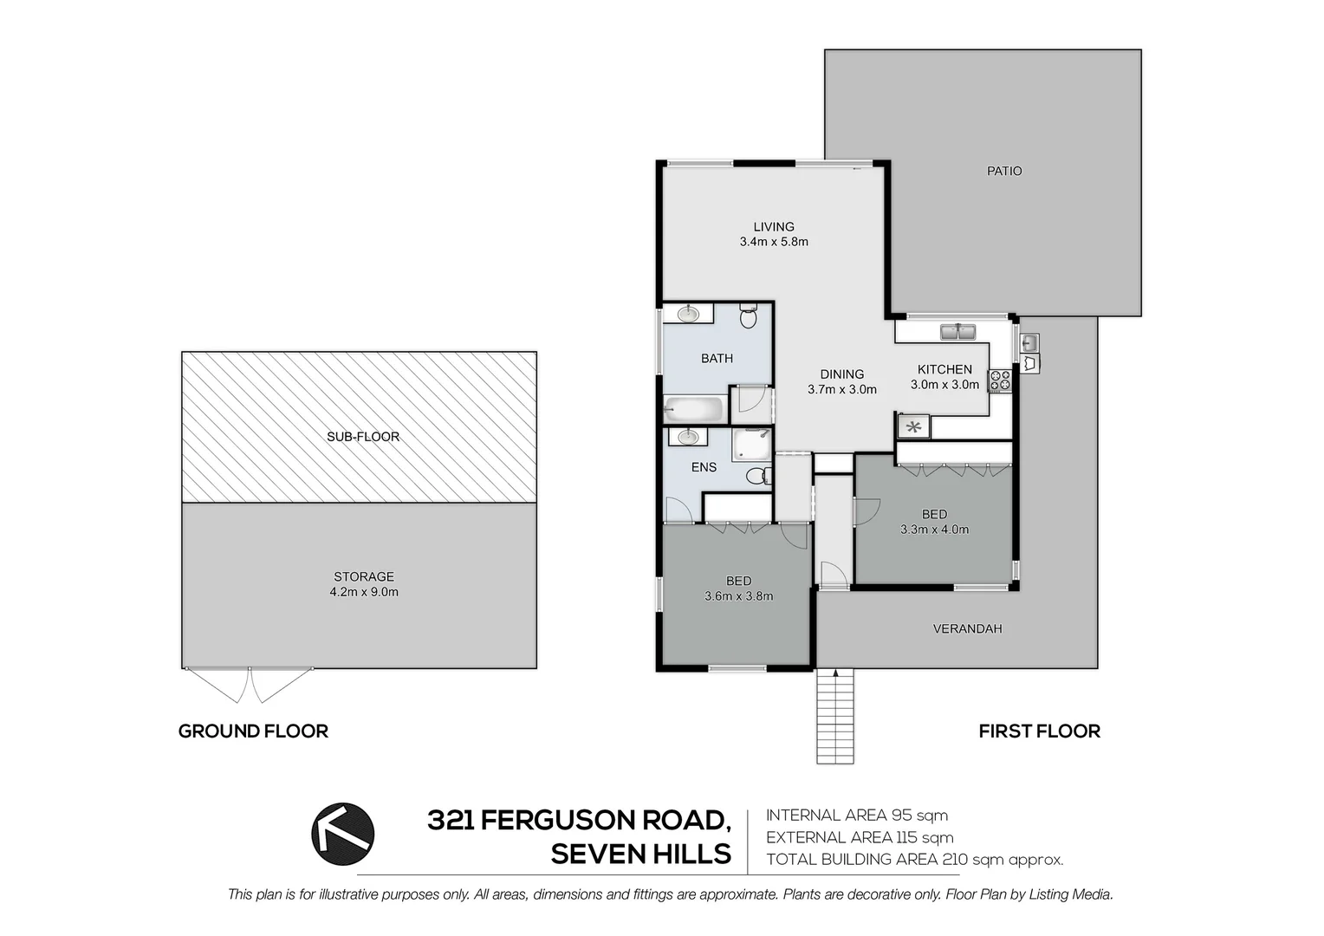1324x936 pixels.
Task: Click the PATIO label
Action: tap(1004, 171)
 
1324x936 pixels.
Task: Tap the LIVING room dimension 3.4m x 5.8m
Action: tap(774, 242)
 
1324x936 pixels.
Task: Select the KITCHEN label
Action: tap(944, 369)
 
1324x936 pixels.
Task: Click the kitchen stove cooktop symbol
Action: tap(1000, 380)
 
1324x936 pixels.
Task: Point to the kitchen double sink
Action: tap(958, 331)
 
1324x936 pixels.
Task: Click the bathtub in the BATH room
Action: tap(694, 407)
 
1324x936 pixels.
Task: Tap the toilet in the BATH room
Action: tap(749, 316)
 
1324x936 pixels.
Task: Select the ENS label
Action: tap(704, 467)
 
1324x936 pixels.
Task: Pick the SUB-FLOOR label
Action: tap(363, 436)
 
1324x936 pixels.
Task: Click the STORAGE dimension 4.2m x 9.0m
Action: tap(364, 592)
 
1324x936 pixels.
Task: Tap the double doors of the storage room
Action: tap(250, 684)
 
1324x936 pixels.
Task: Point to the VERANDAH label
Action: tap(967, 628)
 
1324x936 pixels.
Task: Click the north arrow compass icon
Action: tap(343, 834)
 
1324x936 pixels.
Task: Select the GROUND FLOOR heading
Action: tap(253, 731)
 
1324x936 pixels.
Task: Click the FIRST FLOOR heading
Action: tap(1039, 731)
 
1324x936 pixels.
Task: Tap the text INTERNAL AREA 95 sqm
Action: tap(857, 815)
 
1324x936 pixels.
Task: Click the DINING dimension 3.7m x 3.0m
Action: tap(842, 389)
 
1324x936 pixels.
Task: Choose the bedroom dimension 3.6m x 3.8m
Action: tap(739, 595)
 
